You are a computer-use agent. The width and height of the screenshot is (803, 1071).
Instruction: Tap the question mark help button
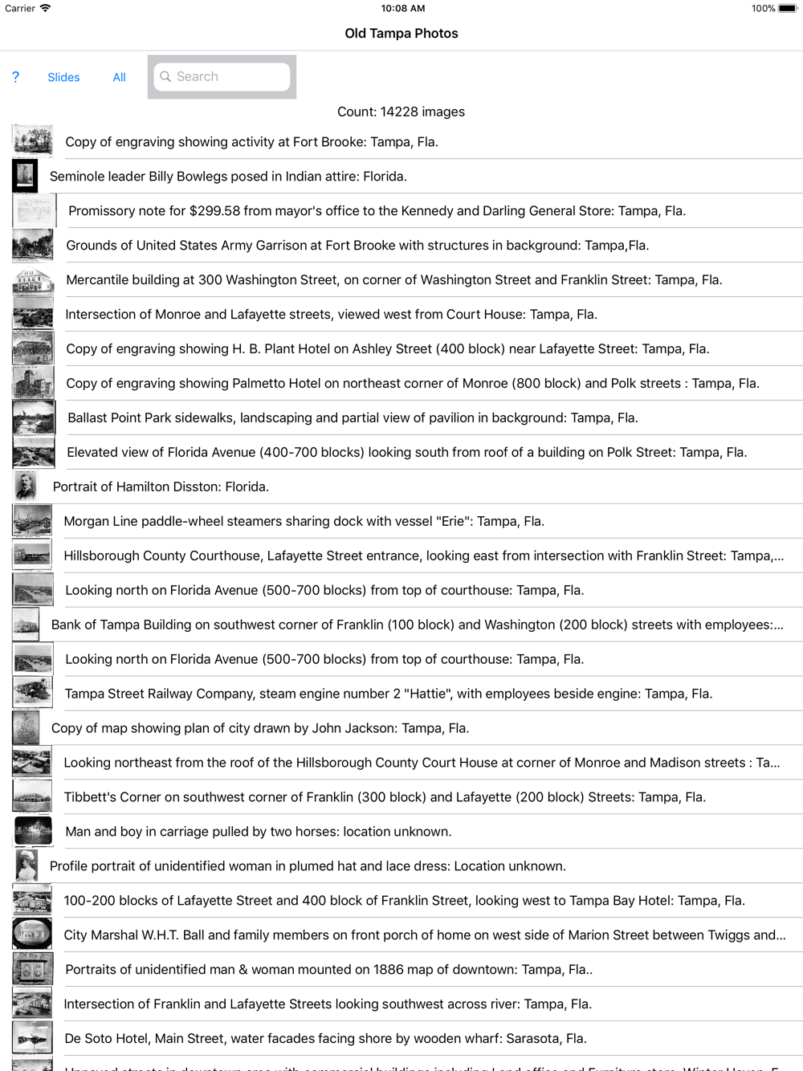tap(15, 77)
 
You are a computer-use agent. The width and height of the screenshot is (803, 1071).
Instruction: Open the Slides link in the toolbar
tap(63, 77)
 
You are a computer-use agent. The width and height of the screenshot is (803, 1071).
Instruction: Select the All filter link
tap(119, 77)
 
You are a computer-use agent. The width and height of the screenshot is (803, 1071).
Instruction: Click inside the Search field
tap(229, 76)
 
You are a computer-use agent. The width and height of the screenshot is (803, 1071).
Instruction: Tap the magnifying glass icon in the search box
tap(165, 76)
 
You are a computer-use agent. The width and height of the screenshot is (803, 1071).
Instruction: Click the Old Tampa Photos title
tap(401, 33)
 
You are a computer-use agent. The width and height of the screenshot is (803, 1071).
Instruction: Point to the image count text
tap(401, 112)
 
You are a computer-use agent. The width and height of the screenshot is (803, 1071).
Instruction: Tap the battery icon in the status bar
tap(787, 9)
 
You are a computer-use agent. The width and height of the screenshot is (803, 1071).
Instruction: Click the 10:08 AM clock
tap(402, 8)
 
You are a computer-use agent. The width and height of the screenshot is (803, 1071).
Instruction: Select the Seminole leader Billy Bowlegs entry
tap(228, 177)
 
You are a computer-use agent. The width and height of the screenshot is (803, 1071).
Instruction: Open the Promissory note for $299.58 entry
tap(377, 211)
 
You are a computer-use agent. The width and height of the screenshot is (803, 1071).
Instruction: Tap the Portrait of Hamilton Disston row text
tap(161, 487)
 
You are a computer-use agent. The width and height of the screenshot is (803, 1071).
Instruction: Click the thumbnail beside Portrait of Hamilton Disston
tap(26, 487)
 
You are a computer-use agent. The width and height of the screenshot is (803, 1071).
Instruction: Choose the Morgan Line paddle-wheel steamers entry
tap(304, 521)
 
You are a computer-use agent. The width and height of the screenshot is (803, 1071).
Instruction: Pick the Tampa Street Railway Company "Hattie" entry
tap(388, 694)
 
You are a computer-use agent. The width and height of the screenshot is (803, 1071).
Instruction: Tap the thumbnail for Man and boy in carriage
tap(33, 831)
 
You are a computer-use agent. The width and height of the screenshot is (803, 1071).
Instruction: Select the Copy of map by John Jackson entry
tap(260, 728)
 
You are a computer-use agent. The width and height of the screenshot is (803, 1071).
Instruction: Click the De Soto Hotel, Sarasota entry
tap(325, 1038)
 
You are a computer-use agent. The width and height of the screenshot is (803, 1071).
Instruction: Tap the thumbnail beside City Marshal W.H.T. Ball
tap(33, 935)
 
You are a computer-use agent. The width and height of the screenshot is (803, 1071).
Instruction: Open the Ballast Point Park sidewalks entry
tap(353, 417)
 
